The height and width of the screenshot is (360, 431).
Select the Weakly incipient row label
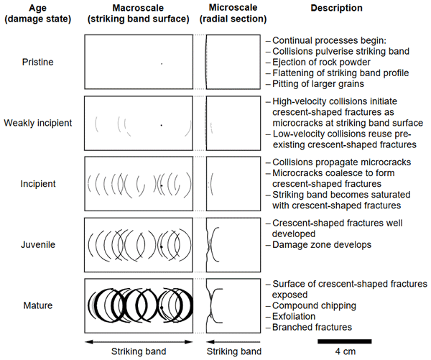click(39, 123)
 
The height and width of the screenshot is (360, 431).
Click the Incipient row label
click(39, 184)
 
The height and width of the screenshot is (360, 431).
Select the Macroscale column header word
click(139, 7)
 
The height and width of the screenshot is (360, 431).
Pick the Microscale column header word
click(229, 7)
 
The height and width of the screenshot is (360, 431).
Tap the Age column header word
click(38, 7)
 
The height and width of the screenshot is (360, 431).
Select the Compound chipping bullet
click(310, 304)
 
